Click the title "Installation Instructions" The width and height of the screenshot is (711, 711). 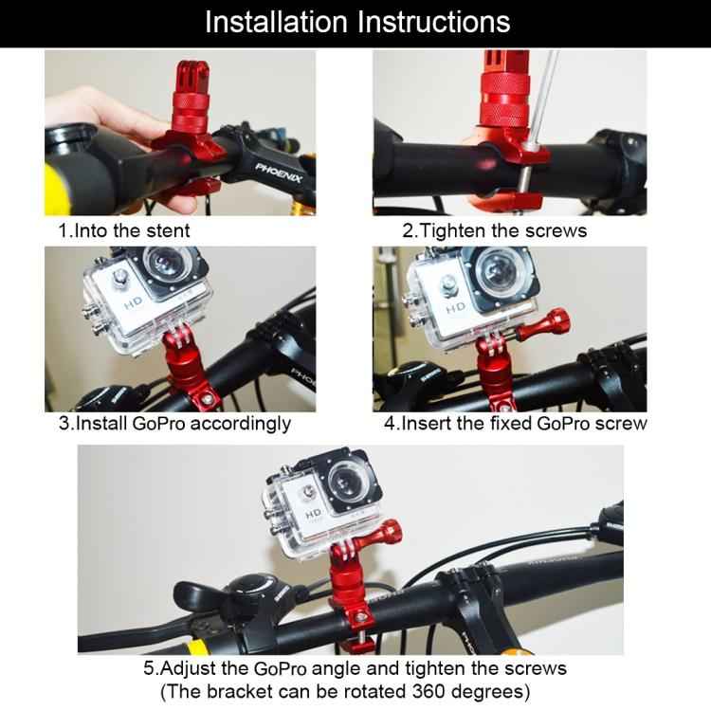tap(356, 22)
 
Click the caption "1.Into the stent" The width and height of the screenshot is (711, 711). tap(123, 230)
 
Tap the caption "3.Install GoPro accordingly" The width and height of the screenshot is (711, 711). tap(174, 424)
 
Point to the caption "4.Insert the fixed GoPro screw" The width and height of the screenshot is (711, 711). tap(515, 424)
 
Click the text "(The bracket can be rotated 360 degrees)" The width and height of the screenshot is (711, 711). tap(345, 690)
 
